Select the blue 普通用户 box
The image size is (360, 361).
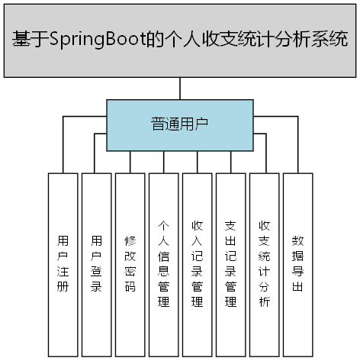pos(179,124)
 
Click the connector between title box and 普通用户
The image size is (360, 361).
pos(179,89)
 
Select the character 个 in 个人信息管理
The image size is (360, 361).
pos(163,226)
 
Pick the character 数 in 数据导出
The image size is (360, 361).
pos(297,240)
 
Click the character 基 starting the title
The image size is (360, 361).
pos(22,39)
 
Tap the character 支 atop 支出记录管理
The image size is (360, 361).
pos(230,226)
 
